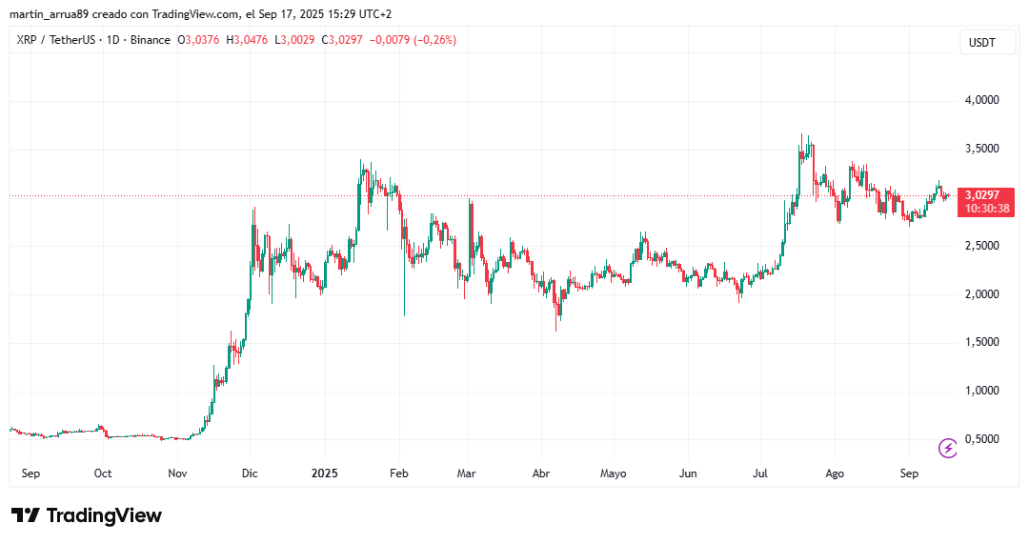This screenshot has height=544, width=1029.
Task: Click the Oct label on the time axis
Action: (103, 473)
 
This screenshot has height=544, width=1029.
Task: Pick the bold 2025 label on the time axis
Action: (324, 473)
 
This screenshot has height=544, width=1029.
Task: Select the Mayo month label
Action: (614, 473)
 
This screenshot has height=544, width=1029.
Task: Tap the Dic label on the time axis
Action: (250, 473)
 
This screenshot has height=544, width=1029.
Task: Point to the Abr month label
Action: (540, 473)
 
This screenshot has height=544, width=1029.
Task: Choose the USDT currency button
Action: (981, 43)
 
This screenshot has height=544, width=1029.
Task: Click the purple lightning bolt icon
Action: (948, 448)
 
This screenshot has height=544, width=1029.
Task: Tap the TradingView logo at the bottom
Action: (87, 515)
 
